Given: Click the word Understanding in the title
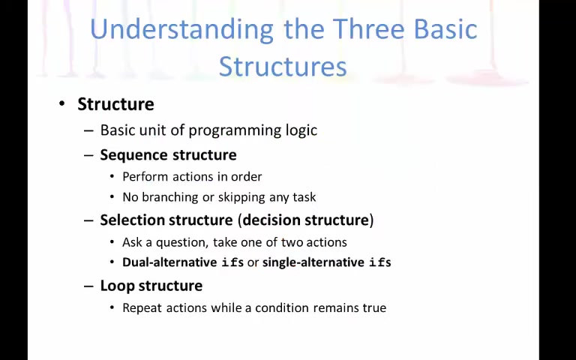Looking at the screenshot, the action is [x=181, y=30].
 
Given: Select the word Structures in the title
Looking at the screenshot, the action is [x=283, y=66].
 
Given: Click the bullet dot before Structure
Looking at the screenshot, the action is [x=62, y=104].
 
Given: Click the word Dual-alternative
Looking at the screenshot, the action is [x=169, y=262].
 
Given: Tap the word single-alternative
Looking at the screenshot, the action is [x=313, y=262].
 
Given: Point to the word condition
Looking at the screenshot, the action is [x=282, y=307].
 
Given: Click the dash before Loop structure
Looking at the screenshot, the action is [x=88, y=286].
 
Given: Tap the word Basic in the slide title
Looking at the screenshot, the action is [x=445, y=29].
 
